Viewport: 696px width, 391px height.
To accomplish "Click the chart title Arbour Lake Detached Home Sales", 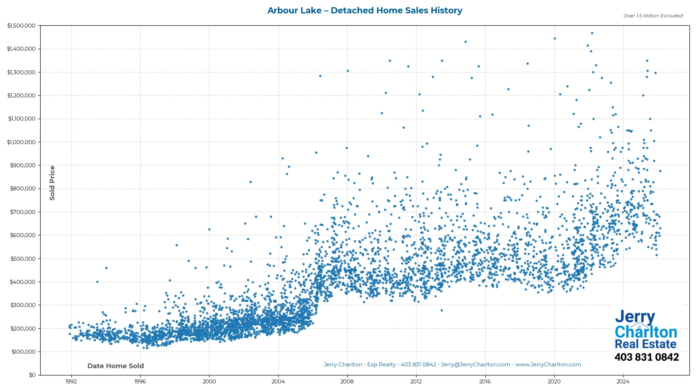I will pos(365,10).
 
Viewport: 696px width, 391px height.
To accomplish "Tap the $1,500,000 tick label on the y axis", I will pos(21,26).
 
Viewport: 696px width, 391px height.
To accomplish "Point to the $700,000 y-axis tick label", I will pos(23,212).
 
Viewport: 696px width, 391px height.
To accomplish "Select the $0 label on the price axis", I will pos(32,375).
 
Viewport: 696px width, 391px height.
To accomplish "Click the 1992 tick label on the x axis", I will pos(71,382).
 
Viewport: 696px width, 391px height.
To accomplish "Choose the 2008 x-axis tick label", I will pos(347,382).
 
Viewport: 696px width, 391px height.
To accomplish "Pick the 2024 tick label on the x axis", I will pos(623,382).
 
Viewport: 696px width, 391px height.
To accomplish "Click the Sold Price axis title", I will pos(52,183).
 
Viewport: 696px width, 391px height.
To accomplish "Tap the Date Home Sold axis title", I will pos(116,366).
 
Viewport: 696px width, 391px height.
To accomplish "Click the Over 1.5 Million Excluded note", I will pos(653,16).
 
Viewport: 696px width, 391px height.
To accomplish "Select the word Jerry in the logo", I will pos(635,317).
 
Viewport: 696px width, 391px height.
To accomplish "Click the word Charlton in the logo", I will pos(646,332).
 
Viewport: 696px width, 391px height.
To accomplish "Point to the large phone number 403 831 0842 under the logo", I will pos(646,357).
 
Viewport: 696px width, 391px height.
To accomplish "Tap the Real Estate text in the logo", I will pos(646,344).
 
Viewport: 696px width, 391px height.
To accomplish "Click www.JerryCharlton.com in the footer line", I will pos(548,365).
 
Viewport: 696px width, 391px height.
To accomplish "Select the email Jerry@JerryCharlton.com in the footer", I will pos(475,365).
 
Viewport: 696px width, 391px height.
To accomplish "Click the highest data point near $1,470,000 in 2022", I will pos(592,33).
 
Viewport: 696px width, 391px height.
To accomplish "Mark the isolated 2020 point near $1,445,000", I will pos(555,39).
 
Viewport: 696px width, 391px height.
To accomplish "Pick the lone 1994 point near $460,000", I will pos(106,268).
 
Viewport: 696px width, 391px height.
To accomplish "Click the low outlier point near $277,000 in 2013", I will pos(442,311).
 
